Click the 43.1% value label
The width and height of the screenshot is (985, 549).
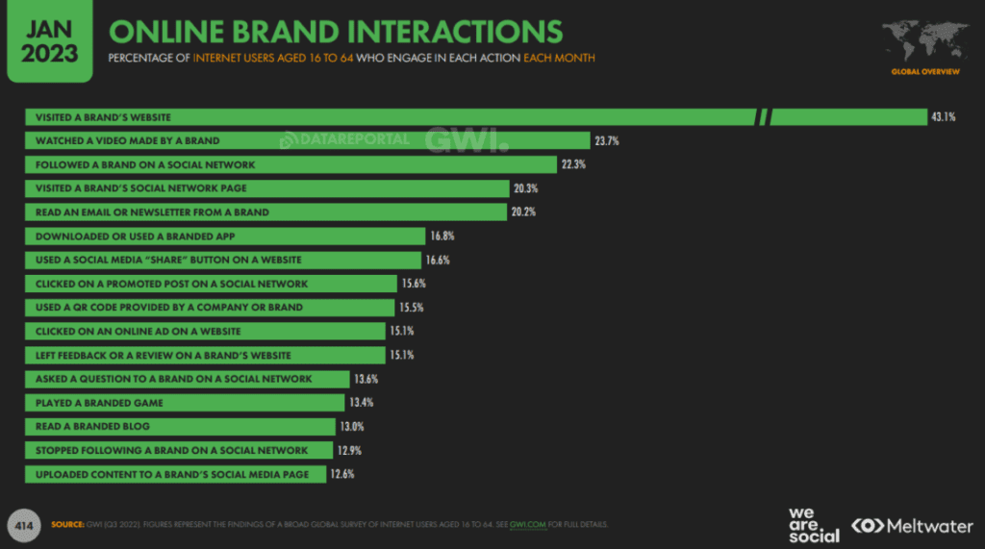click(x=943, y=117)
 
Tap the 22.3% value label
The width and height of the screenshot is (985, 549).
click(x=572, y=164)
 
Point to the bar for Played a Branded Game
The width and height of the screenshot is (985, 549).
click(x=184, y=403)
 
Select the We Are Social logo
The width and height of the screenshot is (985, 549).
click(x=813, y=525)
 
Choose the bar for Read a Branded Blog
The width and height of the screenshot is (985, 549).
click(x=183, y=426)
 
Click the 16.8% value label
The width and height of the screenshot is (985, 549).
click(x=441, y=237)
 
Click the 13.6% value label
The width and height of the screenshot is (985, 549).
click(x=366, y=379)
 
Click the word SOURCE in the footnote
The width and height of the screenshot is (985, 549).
click(x=64, y=524)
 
